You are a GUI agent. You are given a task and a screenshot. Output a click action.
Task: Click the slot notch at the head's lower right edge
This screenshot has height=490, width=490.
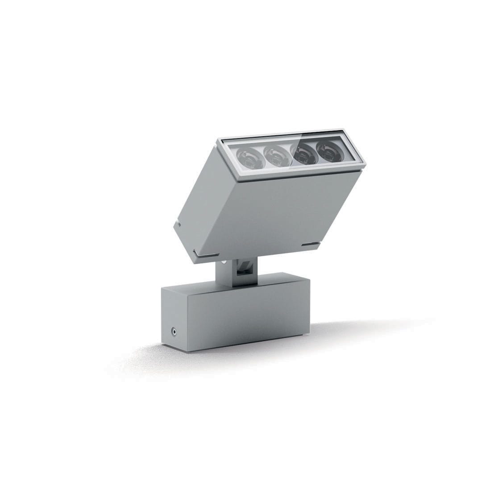(308, 244)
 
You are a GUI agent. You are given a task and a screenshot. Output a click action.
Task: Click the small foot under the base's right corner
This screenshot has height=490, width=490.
(306, 334)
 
